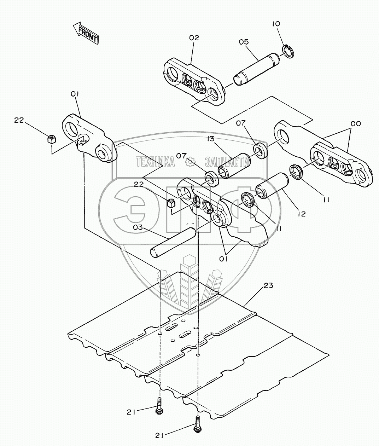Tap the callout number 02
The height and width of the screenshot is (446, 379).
[194, 38]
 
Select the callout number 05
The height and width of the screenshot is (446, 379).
[244, 42]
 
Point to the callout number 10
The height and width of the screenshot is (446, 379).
[276, 24]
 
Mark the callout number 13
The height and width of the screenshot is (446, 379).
[211, 139]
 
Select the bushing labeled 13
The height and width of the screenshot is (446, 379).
[234, 162]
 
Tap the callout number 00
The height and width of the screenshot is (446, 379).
[356, 124]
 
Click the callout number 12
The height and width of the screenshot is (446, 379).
[301, 214]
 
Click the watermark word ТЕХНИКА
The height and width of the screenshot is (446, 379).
[155, 162]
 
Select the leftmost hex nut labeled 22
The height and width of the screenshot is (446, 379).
[50, 139]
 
